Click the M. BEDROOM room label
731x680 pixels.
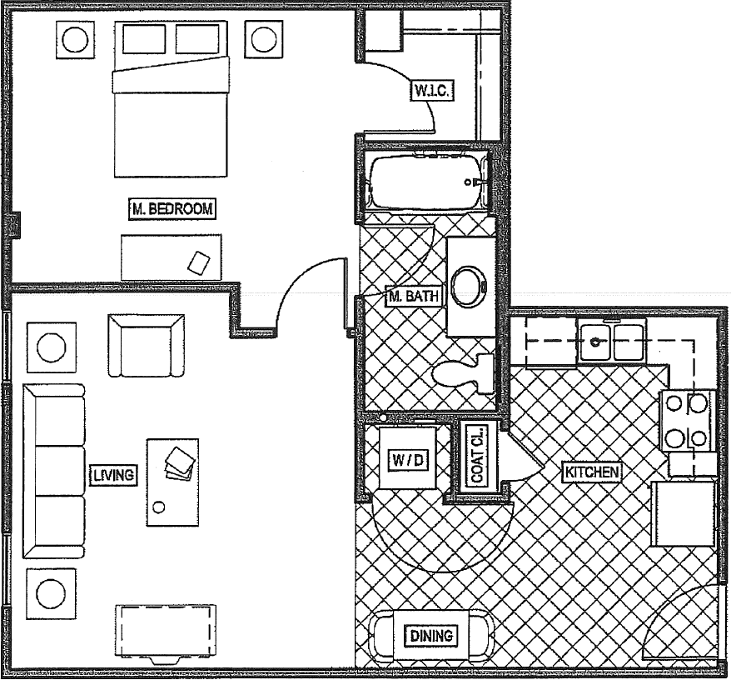[172, 208]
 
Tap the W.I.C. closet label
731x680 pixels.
[432, 91]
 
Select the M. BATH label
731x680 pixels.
[414, 296]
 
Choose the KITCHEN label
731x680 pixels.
[592, 472]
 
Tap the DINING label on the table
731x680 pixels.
[431, 636]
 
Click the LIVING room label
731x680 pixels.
[113, 475]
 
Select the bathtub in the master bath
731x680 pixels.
[427, 181]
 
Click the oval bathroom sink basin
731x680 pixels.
[470, 287]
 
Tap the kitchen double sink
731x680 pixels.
[611, 340]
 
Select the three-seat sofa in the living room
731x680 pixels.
[54, 471]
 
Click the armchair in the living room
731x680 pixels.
[146, 345]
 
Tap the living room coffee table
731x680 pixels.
[173, 482]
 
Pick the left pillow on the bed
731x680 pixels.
[144, 40]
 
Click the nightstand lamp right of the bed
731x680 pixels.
[263, 40]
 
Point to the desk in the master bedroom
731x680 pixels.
[172, 257]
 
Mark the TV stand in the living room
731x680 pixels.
[166, 633]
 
